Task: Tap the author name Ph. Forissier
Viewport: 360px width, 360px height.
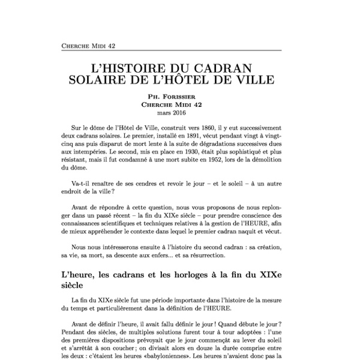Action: (x=180, y=96)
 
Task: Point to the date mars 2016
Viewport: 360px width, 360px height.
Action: (x=180, y=112)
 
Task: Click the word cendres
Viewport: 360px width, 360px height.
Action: (x=143, y=191)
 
